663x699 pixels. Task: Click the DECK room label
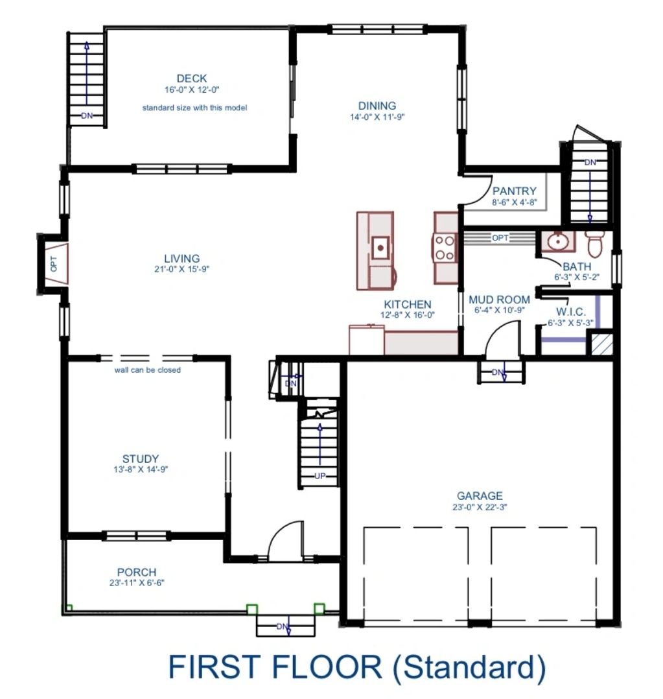[192, 78]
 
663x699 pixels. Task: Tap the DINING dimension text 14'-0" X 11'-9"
[377, 117]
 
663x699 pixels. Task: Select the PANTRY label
[514, 191]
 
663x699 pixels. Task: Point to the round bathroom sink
[558, 242]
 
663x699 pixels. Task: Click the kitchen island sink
[380, 247]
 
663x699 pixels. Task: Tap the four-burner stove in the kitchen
[445, 248]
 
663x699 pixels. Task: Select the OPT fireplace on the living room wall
[54, 263]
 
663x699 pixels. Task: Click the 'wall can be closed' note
[148, 370]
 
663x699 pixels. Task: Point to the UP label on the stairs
[320, 476]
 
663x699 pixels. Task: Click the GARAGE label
[480, 495]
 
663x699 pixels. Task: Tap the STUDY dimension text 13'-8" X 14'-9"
[141, 469]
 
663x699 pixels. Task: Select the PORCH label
[137, 572]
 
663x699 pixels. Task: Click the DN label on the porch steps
[283, 626]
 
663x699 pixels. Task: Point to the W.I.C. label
[571, 312]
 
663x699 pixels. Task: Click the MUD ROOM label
[499, 300]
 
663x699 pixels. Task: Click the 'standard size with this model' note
[194, 108]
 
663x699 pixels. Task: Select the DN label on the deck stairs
[87, 115]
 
